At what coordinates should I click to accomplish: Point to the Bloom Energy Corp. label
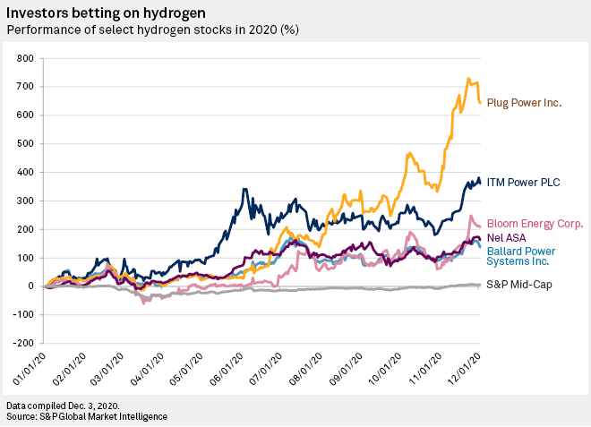pos(535,224)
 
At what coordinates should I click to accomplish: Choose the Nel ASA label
pos(506,238)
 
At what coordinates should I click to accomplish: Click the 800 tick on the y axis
pos(25,58)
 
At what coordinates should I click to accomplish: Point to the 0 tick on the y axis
pos(31,286)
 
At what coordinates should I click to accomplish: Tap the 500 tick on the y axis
pos(25,143)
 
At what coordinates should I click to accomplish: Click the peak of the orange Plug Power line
pos(468,79)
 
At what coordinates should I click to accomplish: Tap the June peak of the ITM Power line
pos(244,189)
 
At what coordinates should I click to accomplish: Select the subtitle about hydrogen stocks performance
pos(152,30)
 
